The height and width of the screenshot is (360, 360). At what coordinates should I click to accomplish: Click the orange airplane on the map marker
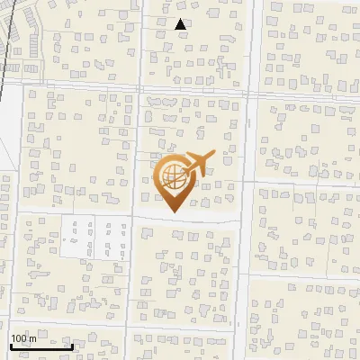click(x=196, y=163)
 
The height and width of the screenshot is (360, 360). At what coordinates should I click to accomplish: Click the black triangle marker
click(x=181, y=25)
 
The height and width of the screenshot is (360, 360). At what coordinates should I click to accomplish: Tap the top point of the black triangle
click(x=181, y=19)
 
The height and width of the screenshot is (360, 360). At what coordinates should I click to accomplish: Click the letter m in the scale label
click(x=33, y=338)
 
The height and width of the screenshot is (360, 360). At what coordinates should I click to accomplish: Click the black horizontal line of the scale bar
click(x=41, y=346)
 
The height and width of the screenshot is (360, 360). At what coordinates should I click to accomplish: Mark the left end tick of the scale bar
click(x=11, y=344)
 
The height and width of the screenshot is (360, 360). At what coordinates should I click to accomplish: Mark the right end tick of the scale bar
click(x=72, y=344)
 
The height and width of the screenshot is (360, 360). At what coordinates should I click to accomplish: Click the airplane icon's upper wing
click(x=200, y=155)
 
